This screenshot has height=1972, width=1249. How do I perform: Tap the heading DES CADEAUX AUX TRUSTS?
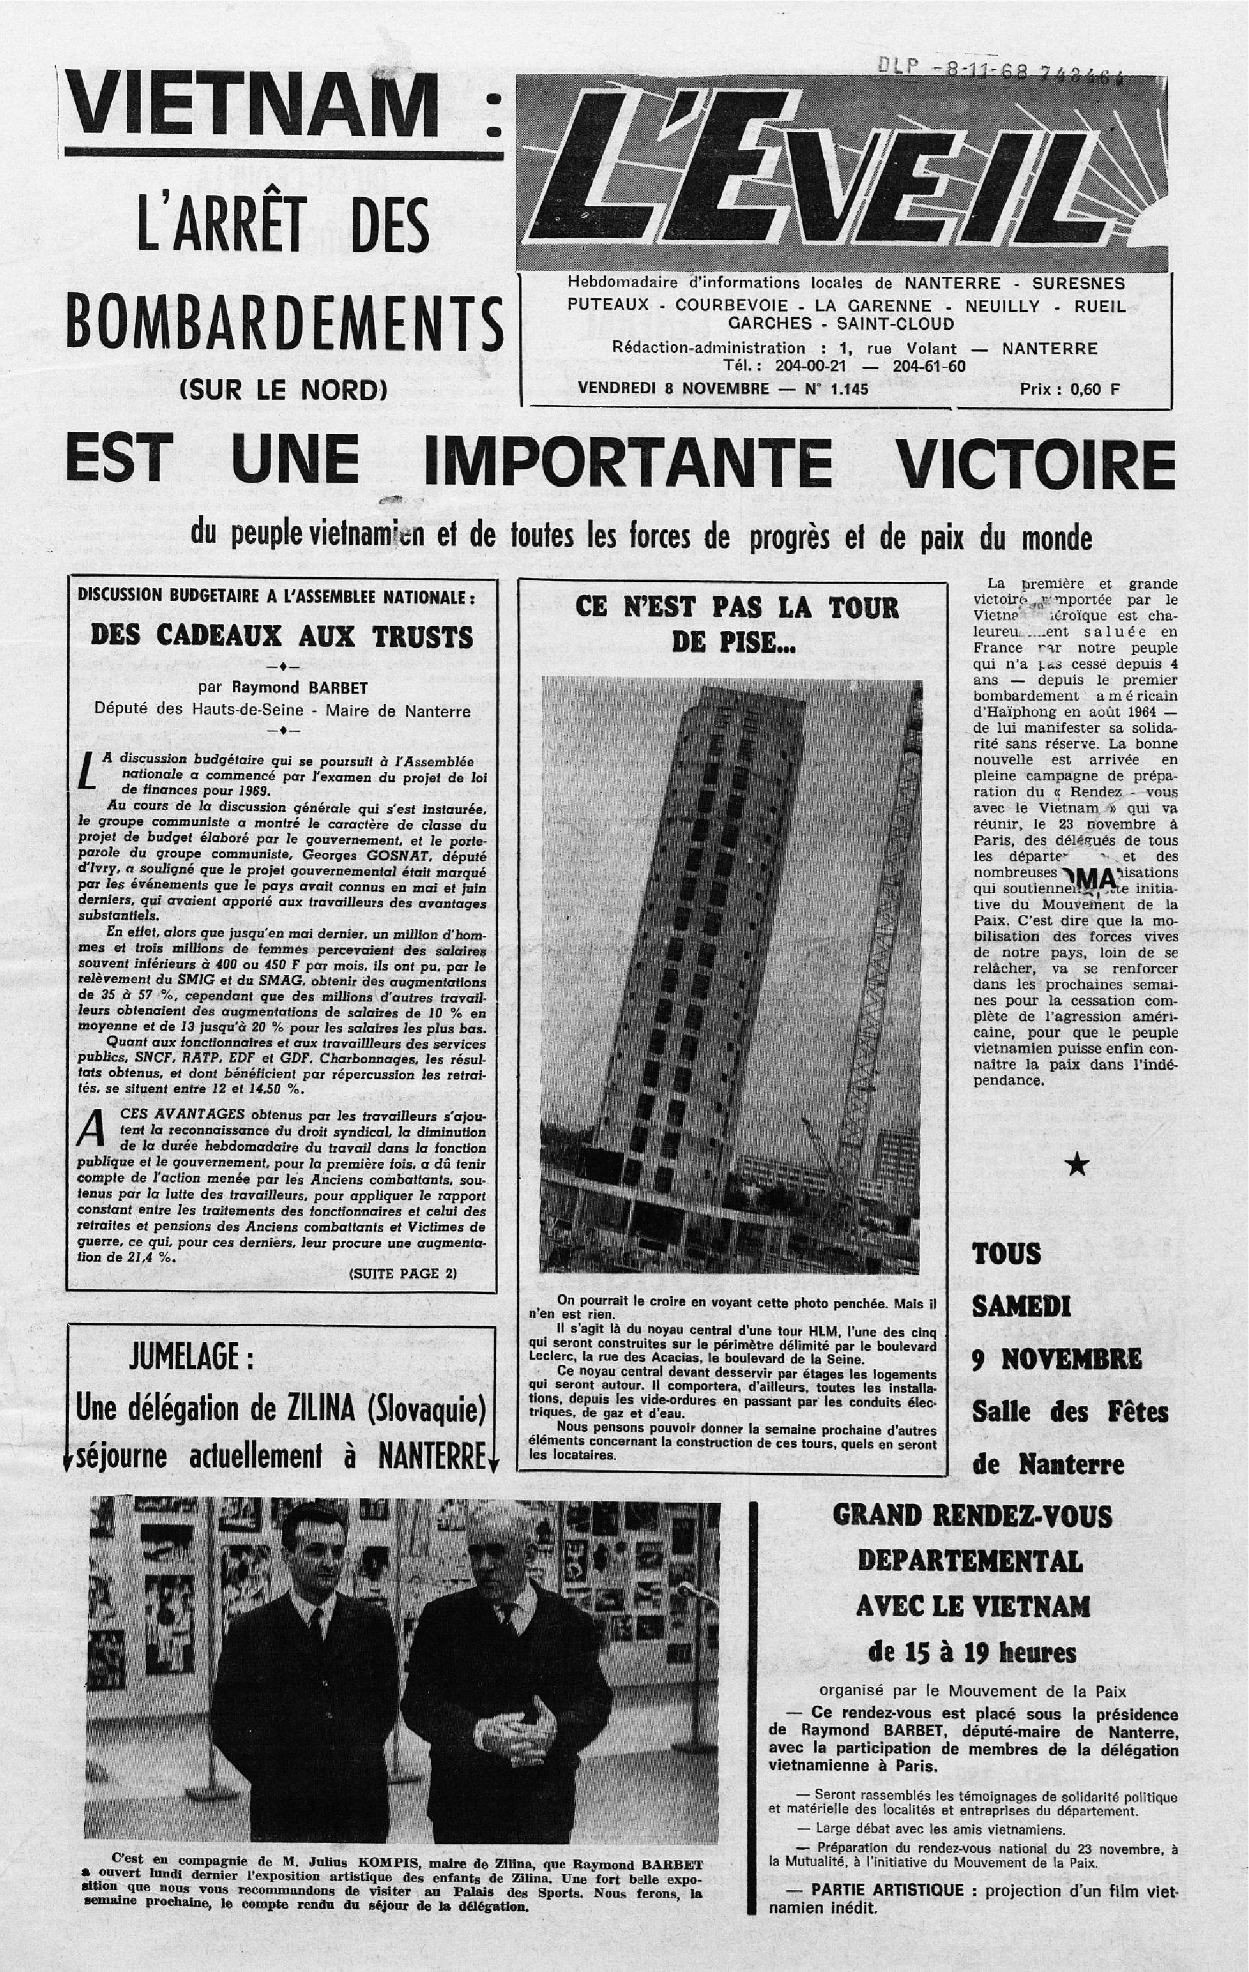tap(281, 637)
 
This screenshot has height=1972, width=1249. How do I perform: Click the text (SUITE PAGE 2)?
tap(403, 1274)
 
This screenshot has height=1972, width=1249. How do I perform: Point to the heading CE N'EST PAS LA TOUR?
tap(737, 608)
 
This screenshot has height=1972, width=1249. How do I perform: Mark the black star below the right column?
tap(1079, 1166)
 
